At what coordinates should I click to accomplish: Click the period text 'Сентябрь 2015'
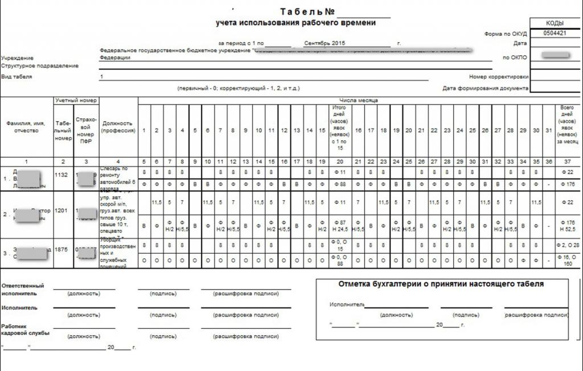pos(325,43)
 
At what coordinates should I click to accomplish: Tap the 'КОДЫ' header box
pos(555,23)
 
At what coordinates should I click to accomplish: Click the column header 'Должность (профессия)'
pos(118,126)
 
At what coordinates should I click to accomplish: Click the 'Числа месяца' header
pos(359,100)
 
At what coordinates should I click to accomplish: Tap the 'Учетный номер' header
pos(76,100)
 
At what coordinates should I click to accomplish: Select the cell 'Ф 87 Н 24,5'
pos(340,226)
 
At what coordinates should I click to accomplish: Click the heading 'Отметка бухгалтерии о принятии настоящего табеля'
pos(441,283)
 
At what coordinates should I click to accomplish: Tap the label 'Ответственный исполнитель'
pos(23,290)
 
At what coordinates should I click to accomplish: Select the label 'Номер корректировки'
pos(499,77)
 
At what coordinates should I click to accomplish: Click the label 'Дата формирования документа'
pos(485,88)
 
